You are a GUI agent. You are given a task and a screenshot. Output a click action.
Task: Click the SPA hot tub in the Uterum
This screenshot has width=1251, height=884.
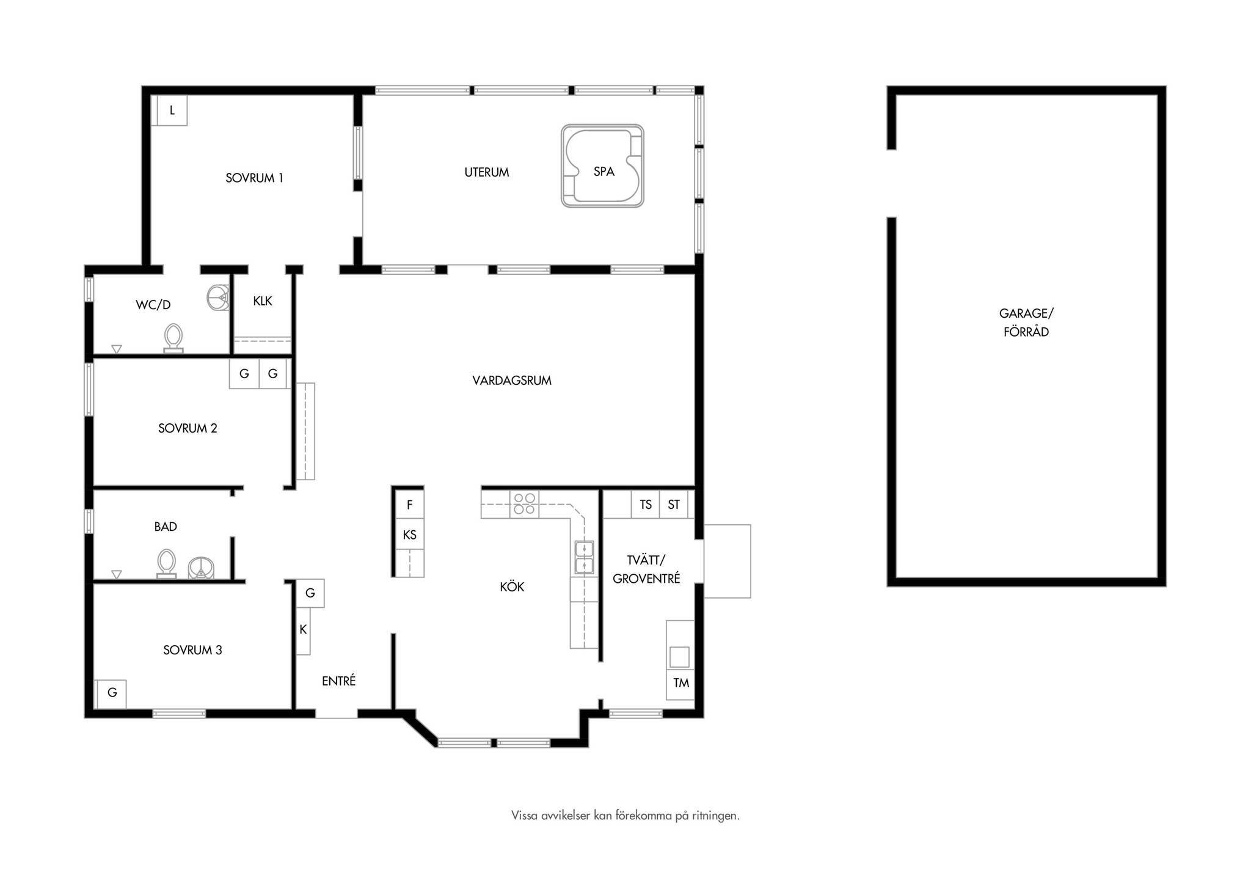602,166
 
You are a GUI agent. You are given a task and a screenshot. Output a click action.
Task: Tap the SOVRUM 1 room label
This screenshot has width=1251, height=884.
254,178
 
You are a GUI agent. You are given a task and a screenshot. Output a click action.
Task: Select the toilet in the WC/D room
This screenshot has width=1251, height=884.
173,338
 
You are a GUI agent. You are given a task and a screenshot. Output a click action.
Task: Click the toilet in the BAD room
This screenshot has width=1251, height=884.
166,563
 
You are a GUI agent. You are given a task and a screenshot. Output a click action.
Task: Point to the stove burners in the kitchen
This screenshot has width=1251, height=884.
524,504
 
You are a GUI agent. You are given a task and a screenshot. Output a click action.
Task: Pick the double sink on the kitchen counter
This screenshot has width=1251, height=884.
584,557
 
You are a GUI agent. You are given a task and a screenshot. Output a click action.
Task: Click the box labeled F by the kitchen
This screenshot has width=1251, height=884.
409,505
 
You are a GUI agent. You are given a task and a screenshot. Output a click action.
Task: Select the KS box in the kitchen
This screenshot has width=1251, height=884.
409,535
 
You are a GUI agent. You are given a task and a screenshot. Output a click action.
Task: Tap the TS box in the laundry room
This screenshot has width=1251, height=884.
646,505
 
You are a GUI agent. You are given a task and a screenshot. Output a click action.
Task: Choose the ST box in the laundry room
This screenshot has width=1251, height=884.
674,505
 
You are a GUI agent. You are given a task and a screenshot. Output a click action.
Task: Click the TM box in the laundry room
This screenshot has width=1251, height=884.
680,683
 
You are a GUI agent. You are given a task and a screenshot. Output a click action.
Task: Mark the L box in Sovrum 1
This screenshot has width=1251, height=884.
172,111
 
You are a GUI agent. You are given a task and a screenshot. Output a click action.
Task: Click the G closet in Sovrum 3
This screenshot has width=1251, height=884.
112,693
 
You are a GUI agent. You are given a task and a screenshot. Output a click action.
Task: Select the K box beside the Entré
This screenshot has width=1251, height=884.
303,630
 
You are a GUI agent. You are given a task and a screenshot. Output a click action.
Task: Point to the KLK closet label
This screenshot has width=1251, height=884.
263,301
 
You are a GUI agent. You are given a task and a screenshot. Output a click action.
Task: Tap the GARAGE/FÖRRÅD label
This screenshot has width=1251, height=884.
1026,323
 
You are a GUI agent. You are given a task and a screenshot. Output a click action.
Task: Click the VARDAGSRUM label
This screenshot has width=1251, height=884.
512,381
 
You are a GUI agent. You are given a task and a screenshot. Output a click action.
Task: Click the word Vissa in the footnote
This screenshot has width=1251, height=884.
525,816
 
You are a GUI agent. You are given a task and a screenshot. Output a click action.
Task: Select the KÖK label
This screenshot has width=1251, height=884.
512,587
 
